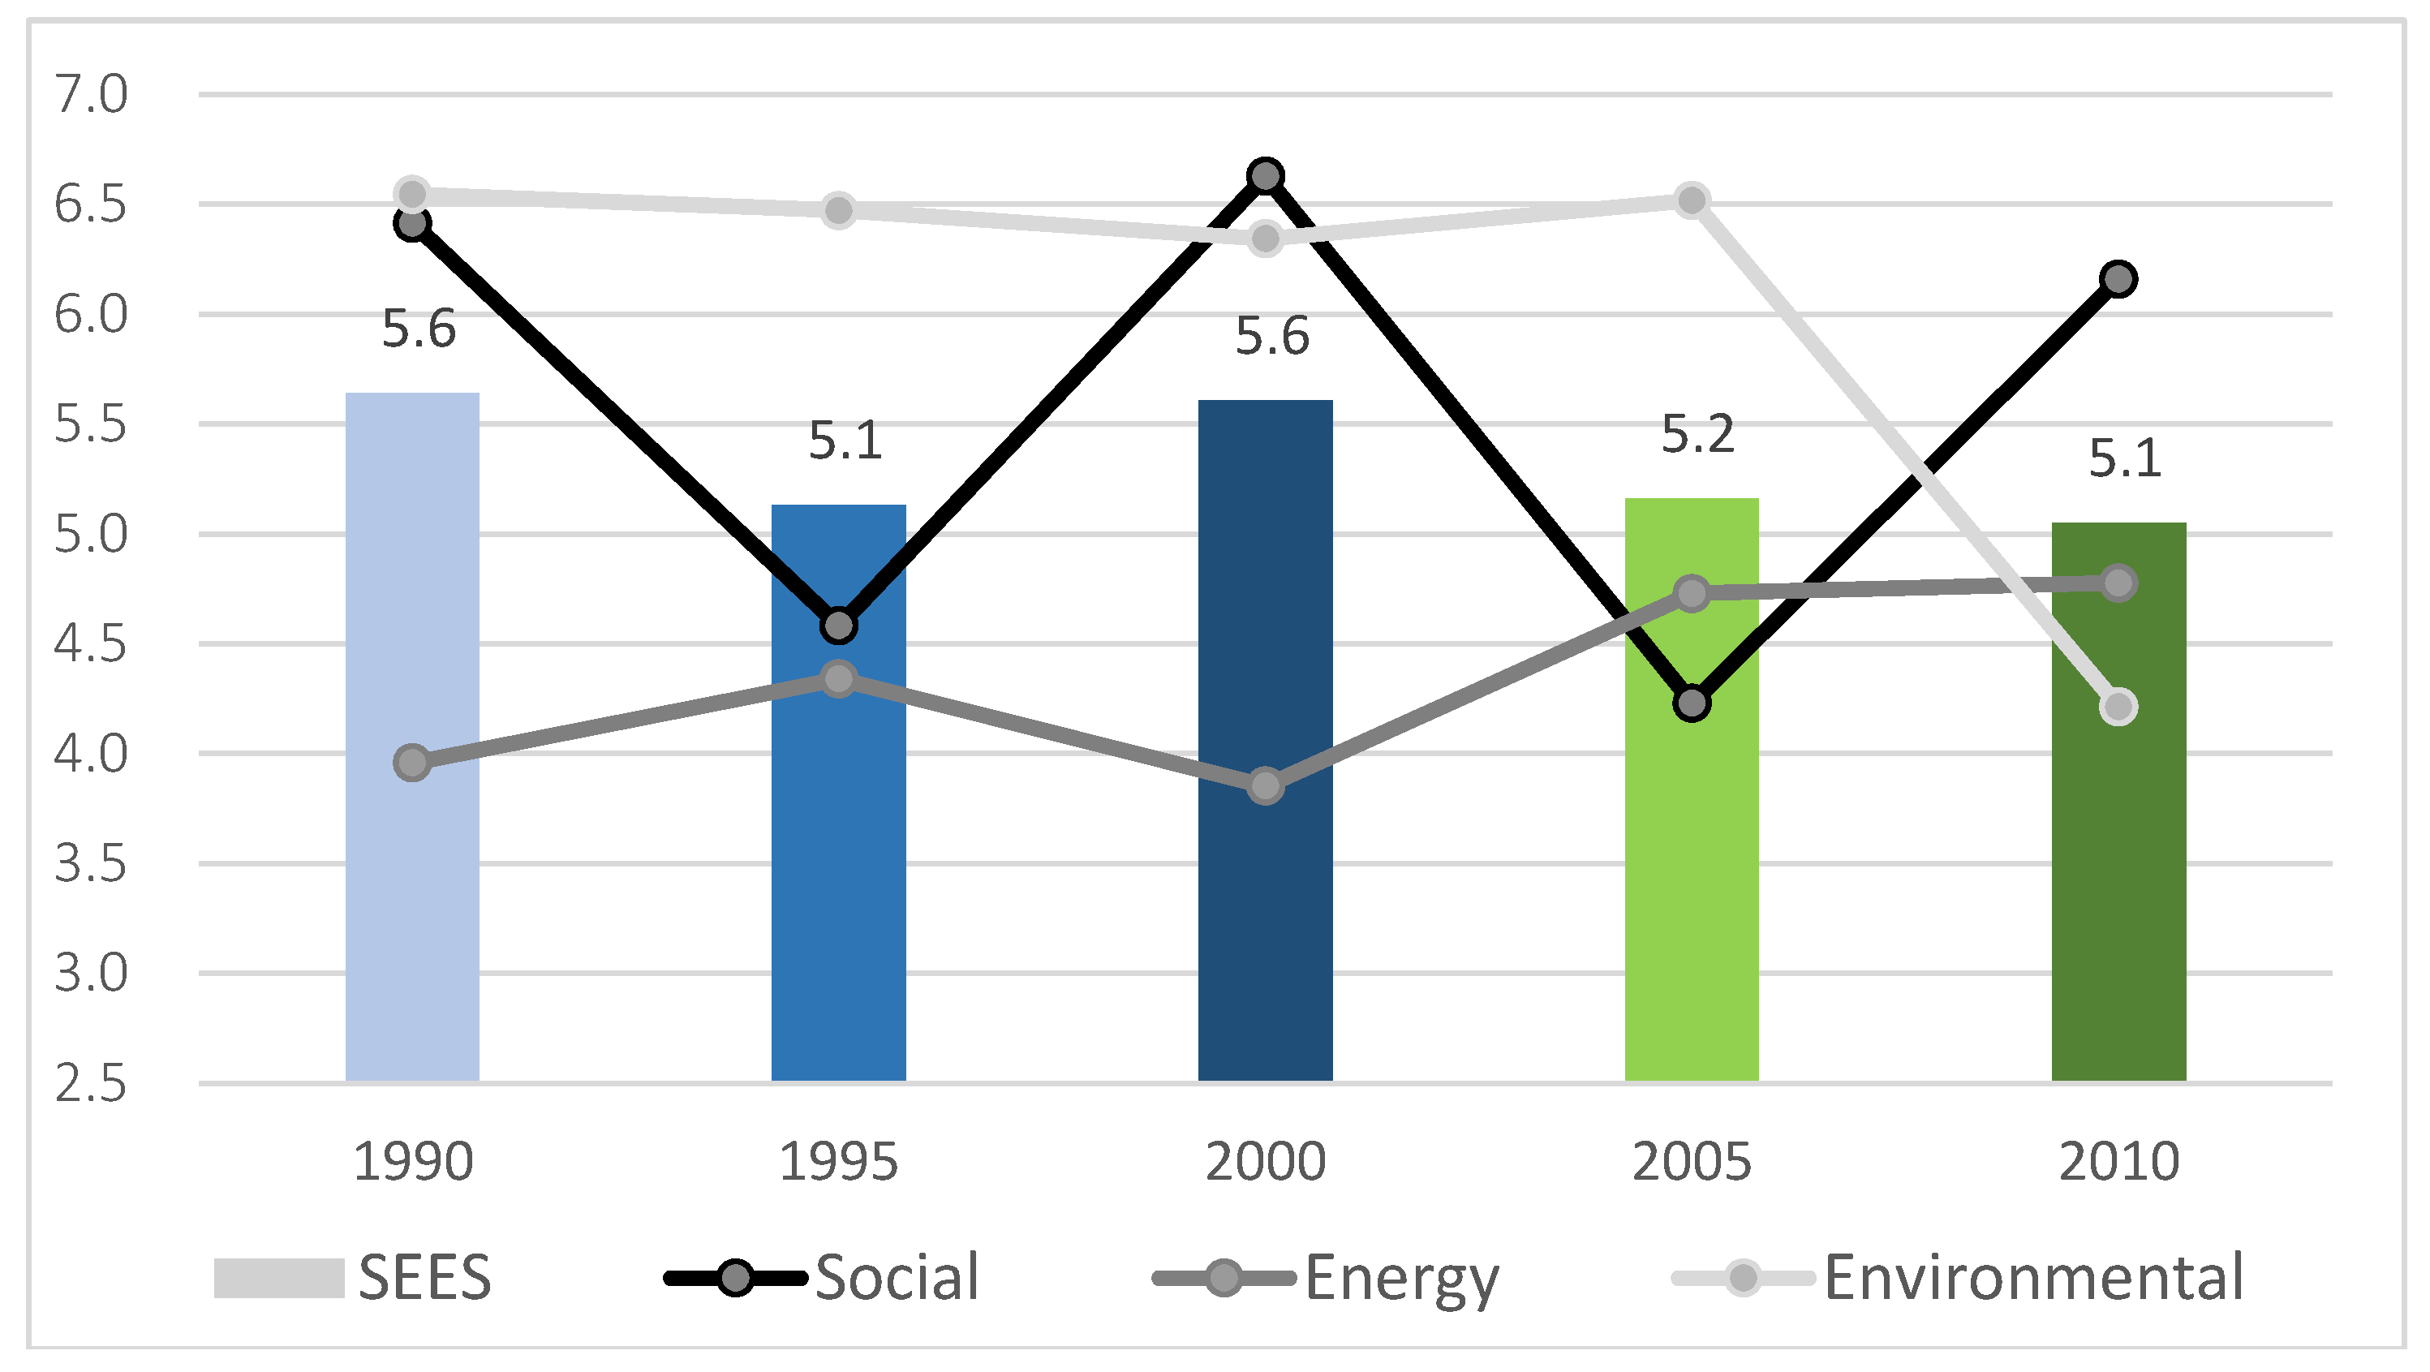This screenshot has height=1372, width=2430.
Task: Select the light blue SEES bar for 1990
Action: coord(412,849)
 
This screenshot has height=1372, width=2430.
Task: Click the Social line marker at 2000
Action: coord(1265,175)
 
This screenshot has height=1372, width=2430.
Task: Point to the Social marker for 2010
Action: coord(2118,279)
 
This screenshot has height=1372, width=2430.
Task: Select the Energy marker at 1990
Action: coord(412,763)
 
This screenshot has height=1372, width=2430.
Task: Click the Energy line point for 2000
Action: coord(1265,785)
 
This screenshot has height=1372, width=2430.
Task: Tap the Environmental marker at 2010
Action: coord(2118,707)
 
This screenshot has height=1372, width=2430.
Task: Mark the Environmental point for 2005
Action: coord(1692,200)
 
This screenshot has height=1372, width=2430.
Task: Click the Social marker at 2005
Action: coord(1692,703)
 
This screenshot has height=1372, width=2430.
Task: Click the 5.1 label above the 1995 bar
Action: coord(845,441)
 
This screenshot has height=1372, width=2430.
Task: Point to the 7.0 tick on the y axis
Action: coord(89,94)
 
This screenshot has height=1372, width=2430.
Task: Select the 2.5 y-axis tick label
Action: coord(89,1083)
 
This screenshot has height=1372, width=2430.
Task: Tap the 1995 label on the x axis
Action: coord(837,1162)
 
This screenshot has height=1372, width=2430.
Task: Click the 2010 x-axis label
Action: coord(2118,1162)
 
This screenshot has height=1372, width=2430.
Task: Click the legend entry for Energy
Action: coord(1401,1278)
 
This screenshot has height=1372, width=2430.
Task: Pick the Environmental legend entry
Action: coord(2033,1278)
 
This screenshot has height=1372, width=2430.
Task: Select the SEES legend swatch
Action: coord(279,1279)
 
